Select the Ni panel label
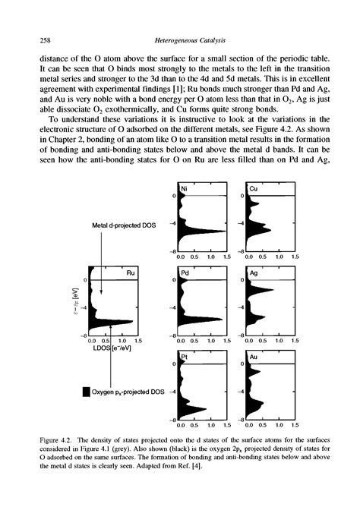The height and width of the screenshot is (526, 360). coord(183,189)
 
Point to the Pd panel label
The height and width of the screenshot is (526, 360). coord(184,272)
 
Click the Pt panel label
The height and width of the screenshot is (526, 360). coord(183,356)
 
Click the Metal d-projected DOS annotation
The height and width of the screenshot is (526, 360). coord(122,225)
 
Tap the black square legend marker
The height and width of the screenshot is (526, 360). coord(85,392)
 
